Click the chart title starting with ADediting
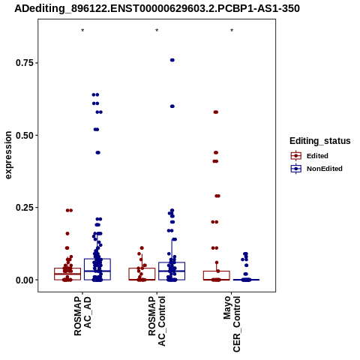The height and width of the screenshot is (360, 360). click(157, 8)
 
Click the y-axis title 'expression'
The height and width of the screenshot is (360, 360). click(8, 155)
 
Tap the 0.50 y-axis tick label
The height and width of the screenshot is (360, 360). click(25, 135)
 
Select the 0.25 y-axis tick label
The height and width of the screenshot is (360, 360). click(25, 208)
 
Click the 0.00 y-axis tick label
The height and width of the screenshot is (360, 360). click(25, 280)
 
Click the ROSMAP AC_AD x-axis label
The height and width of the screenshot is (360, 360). click(82, 316)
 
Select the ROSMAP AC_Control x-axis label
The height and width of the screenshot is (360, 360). click(157, 321)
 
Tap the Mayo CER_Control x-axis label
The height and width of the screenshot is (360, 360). click(232, 324)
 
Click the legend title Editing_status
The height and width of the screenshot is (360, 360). click(320, 141)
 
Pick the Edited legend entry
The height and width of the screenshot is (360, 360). click(309, 156)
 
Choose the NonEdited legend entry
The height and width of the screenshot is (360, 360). click(316, 169)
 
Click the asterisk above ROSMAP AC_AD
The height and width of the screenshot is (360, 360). click(82, 31)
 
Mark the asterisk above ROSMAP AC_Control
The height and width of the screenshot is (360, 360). click(157, 31)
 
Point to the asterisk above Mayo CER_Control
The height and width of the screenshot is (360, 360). click(232, 31)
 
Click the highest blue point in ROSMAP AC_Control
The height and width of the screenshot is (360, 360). click(172, 60)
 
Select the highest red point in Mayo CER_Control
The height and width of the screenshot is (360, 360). click(216, 112)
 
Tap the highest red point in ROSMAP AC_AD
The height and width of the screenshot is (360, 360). click(69, 210)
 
